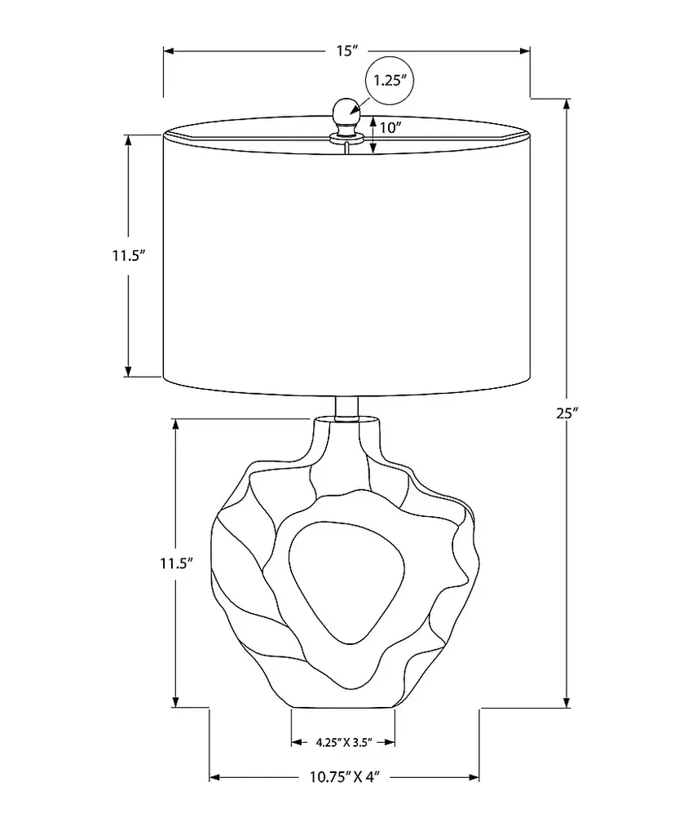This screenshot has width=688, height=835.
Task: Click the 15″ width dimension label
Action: click(346, 51)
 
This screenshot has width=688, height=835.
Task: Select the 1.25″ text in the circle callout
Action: click(390, 81)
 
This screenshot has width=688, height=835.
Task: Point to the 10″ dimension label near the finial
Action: click(390, 128)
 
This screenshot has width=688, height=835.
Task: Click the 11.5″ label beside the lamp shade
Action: click(128, 255)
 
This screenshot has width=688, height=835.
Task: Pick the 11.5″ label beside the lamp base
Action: click(176, 563)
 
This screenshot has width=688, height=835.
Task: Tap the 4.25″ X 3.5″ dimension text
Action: click(343, 742)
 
